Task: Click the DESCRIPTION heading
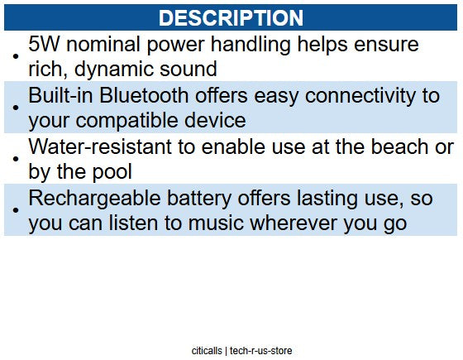pos(231,17)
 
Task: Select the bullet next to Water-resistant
pos(16,161)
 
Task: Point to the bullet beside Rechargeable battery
pos(16,212)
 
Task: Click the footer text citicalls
pos(206,351)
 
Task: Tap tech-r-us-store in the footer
pos(261,351)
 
